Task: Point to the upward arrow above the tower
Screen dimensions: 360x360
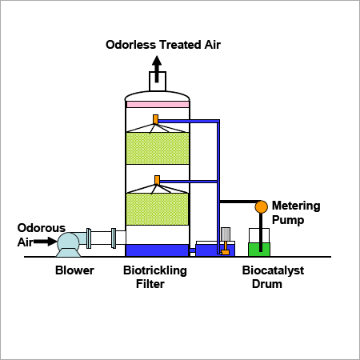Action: click(x=157, y=66)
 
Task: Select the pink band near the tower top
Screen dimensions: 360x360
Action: click(x=157, y=104)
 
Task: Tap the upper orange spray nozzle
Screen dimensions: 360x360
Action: click(x=157, y=121)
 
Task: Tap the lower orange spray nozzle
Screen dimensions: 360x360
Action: click(x=157, y=179)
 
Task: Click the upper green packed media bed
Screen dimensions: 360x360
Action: click(x=157, y=150)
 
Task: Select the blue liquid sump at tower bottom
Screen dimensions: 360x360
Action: click(x=157, y=250)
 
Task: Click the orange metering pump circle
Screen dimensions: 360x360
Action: click(x=261, y=206)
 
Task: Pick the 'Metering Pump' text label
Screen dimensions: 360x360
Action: click(x=297, y=212)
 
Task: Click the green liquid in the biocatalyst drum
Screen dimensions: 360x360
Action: click(x=260, y=249)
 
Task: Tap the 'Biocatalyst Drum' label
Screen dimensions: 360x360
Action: click(x=262, y=277)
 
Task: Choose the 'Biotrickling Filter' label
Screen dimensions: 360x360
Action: click(x=155, y=277)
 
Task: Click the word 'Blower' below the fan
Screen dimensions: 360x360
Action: click(x=74, y=270)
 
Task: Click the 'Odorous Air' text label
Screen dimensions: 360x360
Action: click(x=36, y=234)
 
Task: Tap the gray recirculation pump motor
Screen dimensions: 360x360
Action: click(x=226, y=234)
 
